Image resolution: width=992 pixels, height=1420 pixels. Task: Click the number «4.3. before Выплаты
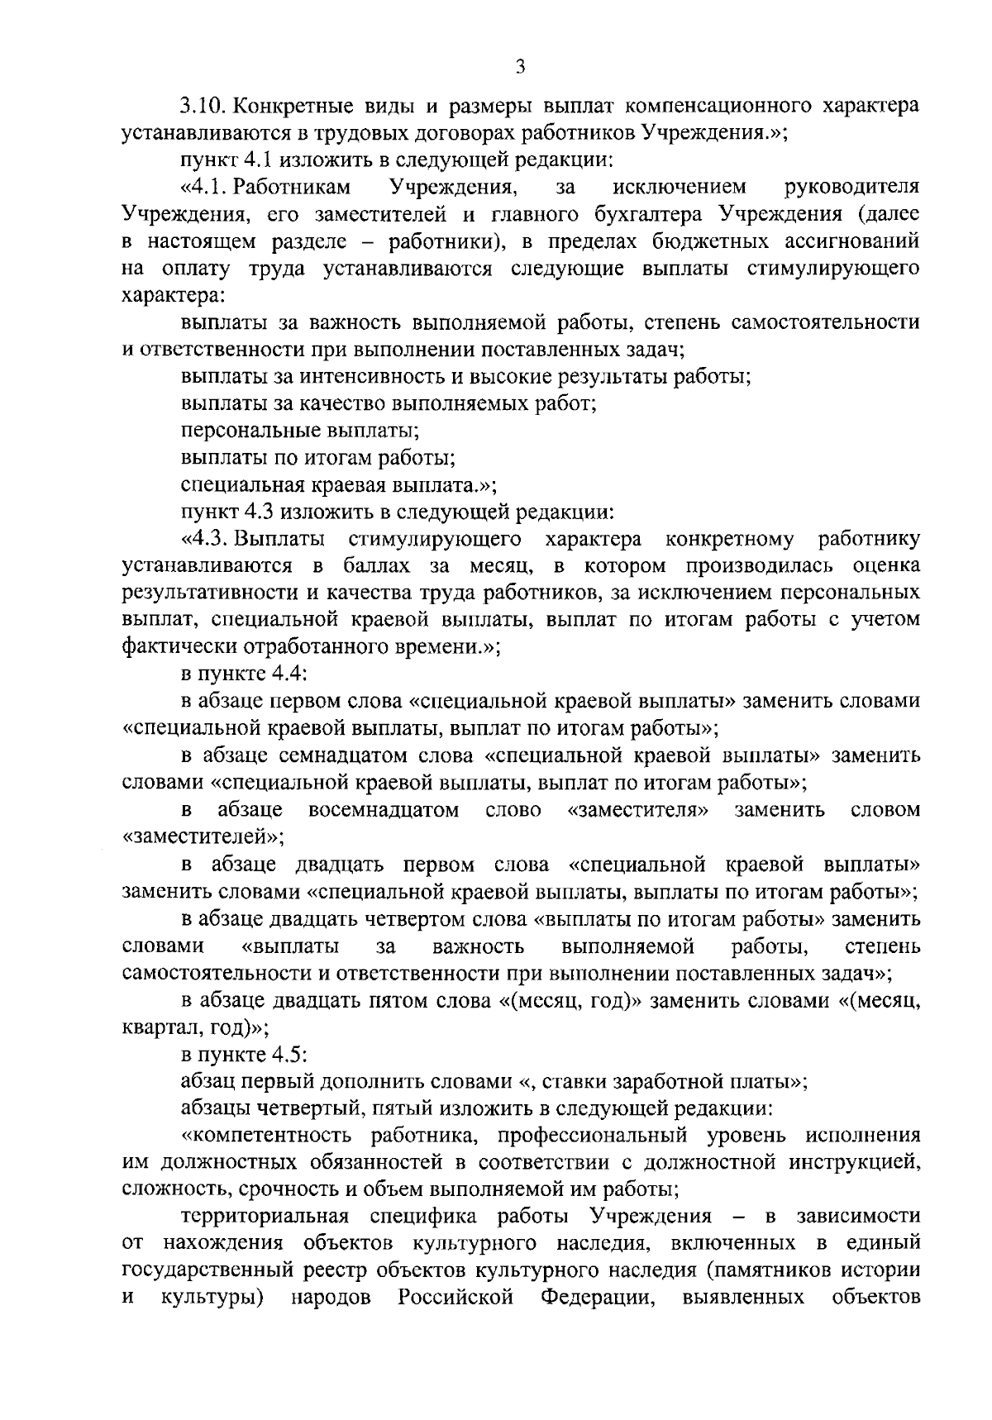[x=207, y=540]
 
